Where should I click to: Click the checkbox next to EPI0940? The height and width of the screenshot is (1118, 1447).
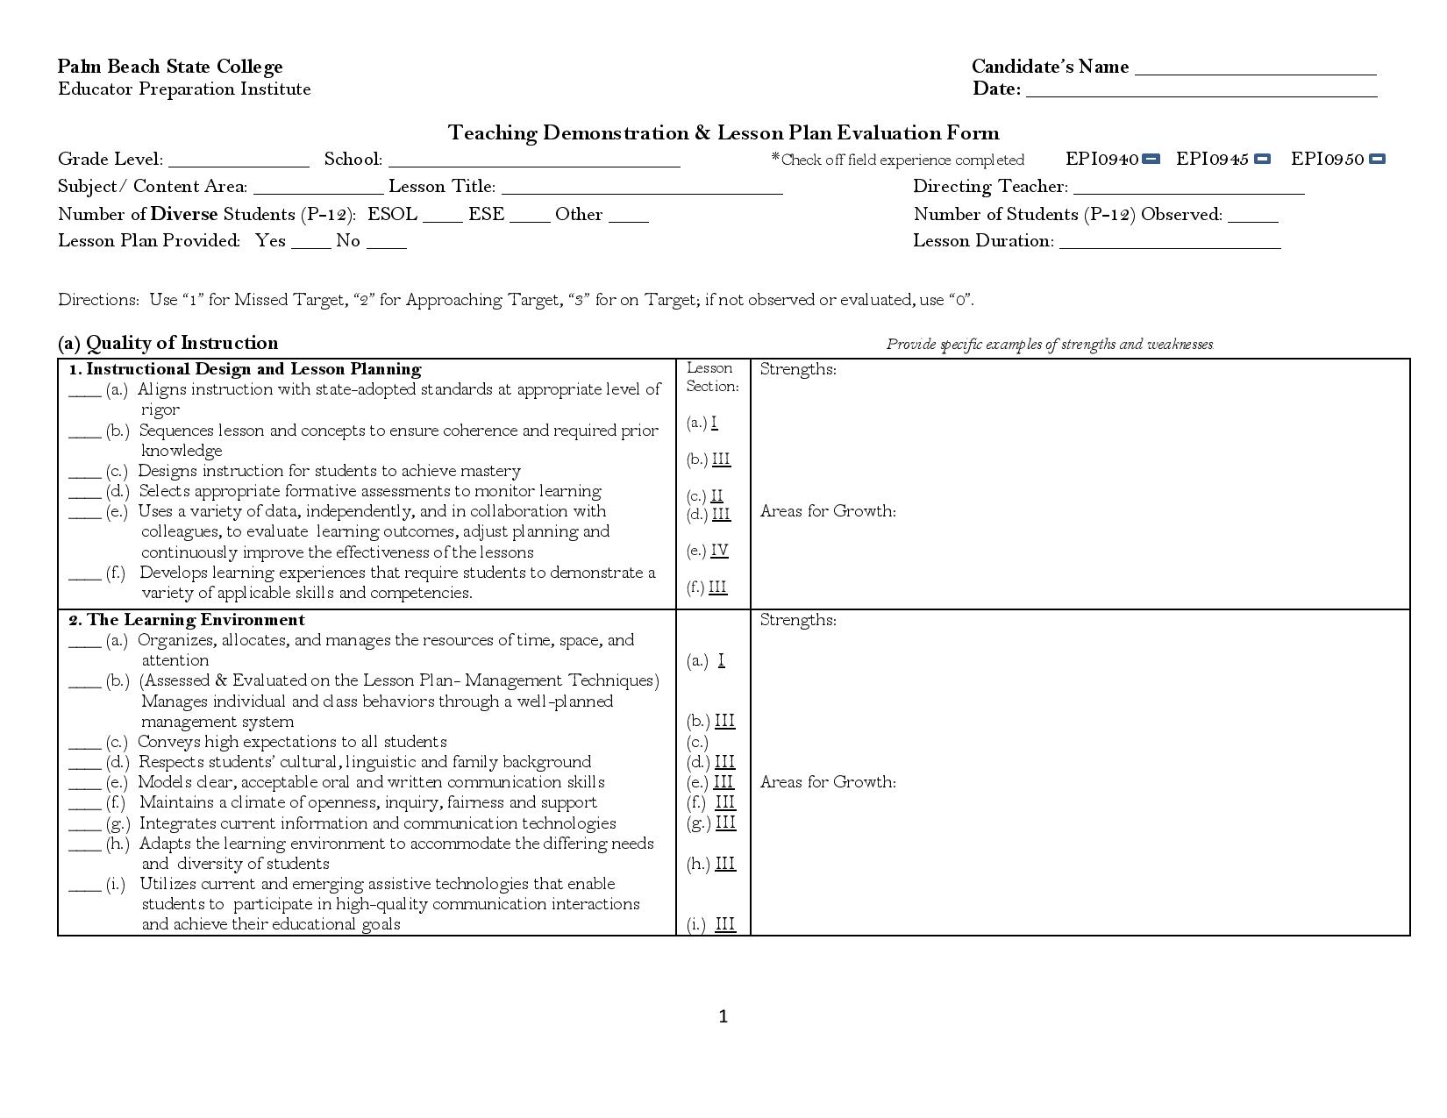pyautogui.click(x=1151, y=159)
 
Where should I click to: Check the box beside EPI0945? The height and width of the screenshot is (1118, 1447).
pyautogui.click(x=1262, y=159)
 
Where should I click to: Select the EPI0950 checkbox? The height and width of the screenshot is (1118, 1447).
pyautogui.click(x=1377, y=159)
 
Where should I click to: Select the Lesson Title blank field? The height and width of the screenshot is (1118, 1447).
pyautogui.click(x=642, y=189)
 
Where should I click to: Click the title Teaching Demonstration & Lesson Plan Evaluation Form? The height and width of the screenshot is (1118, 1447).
pyautogui.click(x=723, y=133)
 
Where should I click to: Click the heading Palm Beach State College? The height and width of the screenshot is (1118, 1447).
pyautogui.click(x=170, y=67)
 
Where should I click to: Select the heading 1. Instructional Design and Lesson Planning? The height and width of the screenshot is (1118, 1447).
pyautogui.click(x=245, y=369)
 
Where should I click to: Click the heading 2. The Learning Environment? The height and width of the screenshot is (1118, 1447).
pyautogui.click(x=187, y=620)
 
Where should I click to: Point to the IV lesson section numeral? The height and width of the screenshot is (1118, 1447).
pyautogui.click(x=719, y=551)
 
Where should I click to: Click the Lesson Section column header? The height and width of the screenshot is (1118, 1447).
pyautogui.click(x=712, y=377)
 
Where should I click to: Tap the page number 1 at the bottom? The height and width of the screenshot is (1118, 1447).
pyautogui.click(x=723, y=1016)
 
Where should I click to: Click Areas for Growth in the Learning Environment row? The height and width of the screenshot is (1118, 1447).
pyautogui.click(x=828, y=782)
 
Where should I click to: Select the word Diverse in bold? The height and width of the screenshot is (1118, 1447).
pyautogui.click(x=184, y=214)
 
